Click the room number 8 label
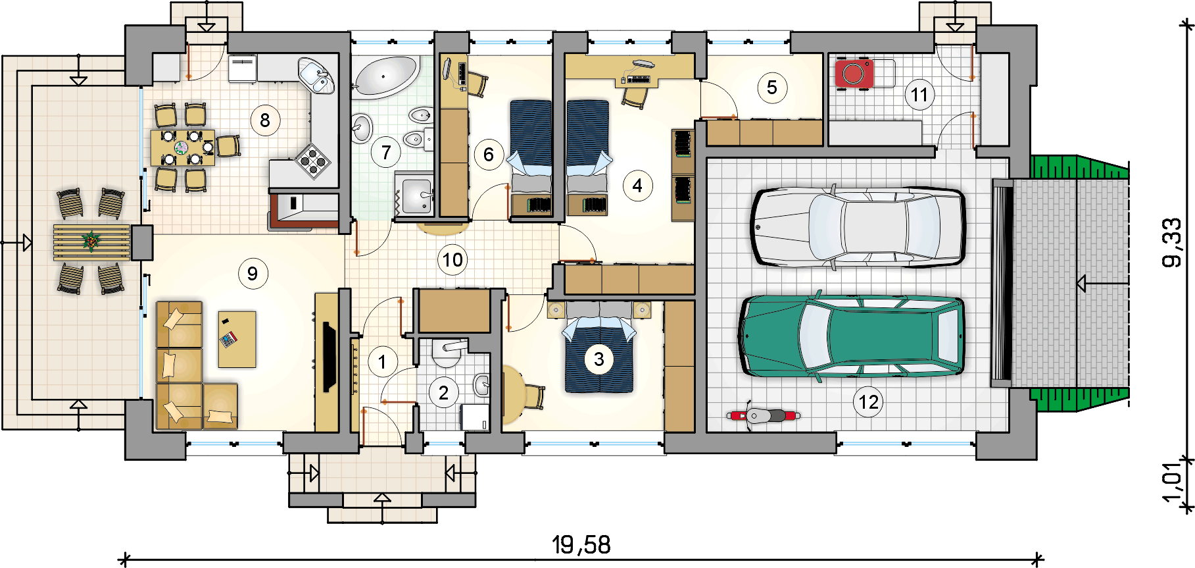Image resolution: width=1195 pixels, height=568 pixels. pyautogui.click(x=265, y=120)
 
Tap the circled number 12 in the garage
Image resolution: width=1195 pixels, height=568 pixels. pyautogui.click(x=868, y=401)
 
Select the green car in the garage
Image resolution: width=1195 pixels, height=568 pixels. pyautogui.click(x=852, y=336)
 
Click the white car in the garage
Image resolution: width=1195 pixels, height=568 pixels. pyautogui.click(x=858, y=227)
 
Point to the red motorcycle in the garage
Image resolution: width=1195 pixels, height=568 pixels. pyautogui.click(x=764, y=415)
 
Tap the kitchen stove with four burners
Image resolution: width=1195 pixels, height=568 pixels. pyautogui.click(x=312, y=161)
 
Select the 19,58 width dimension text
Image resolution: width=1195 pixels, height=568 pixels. pyautogui.click(x=581, y=544)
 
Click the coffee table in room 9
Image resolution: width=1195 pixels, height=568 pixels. pyautogui.click(x=237, y=339)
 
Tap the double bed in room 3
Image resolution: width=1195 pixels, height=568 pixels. pyautogui.click(x=599, y=348)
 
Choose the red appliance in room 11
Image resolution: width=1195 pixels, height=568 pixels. pyautogui.click(x=854, y=73)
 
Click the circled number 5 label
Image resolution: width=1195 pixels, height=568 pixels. pyautogui.click(x=772, y=88)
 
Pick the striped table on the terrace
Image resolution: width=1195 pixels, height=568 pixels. pyautogui.click(x=92, y=242)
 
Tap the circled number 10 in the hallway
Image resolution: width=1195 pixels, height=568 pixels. pyautogui.click(x=452, y=260)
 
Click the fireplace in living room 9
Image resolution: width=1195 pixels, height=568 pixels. pyautogui.click(x=328, y=358)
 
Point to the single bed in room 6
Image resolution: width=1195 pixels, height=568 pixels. pyautogui.click(x=531, y=157)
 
